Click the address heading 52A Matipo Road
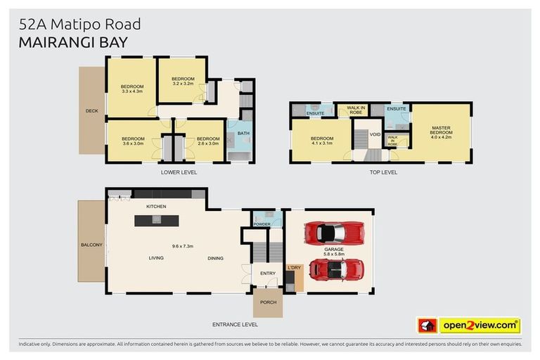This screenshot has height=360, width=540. pyautogui.click(x=79, y=24)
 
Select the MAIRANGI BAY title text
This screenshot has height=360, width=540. pyautogui.click(x=74, y=42)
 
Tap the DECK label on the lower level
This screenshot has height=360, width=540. pyautogui.click(x=91, y=110)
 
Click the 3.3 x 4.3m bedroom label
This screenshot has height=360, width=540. pyautogui.click(x=131, y=89)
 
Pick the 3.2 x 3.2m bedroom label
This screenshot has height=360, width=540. pyautogui.click(x=183, y=81)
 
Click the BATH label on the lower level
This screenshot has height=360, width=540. pyautogui.click(x=243, y=133)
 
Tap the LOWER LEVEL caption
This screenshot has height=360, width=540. pyautogui.click(x=179, y=172)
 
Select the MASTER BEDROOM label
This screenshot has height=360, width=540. pyautogui.click(x=441, y=131)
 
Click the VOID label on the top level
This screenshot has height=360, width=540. pyautogui.click(x=375, y=134)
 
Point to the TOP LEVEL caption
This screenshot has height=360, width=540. pyautogui.click(x=383, y=172)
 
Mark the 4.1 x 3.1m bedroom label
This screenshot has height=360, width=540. pyautogui.click(x=322, y=141)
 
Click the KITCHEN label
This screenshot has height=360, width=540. pyautogui.click(x=156, y=206)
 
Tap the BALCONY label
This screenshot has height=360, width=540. pyautogui.click(x=91, y=245)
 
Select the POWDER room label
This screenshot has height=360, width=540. pyautogui.click(x=262, y=224)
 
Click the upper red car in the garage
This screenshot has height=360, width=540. pyautogui.click(x=333, y=232)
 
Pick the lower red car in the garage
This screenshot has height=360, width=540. pyautogui.click(x=336, y=269)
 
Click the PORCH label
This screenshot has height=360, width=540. pyautogui.click(x=268, y=302)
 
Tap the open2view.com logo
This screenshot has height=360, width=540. pyautogui.click(x=478, y=326)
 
